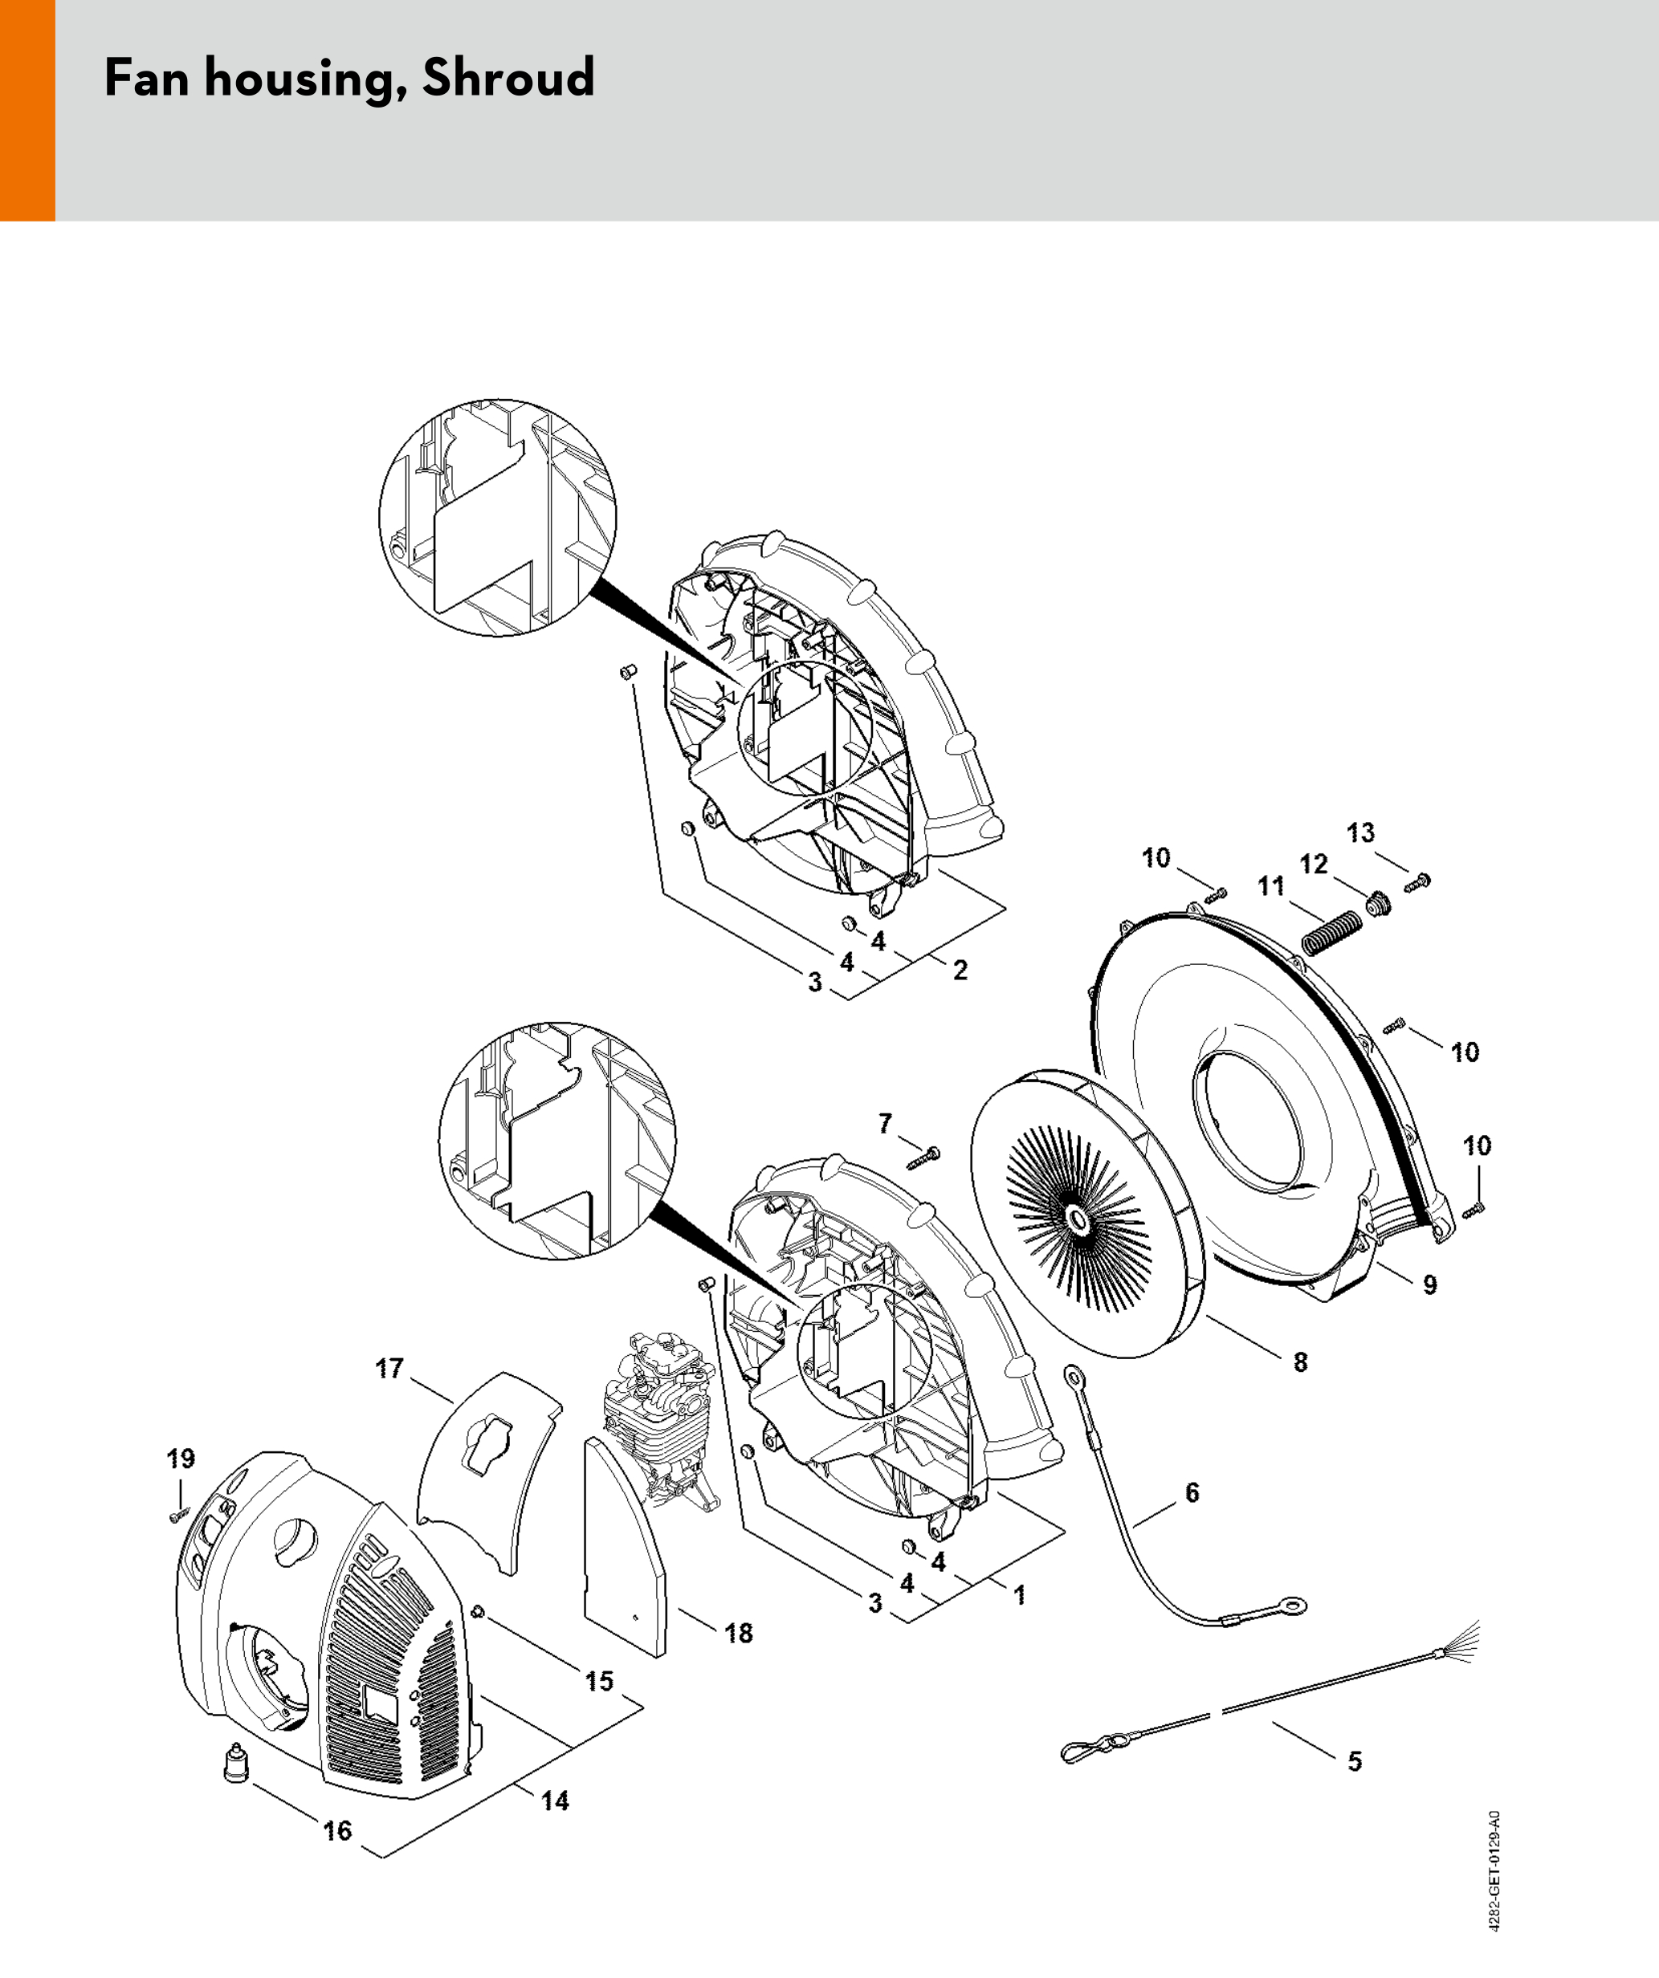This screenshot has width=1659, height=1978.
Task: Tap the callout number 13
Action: coord(1360,832)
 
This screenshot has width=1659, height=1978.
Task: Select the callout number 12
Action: coord(1313,864)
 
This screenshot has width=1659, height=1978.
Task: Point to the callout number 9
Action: coord(1430,1284)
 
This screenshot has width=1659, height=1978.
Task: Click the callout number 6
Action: coord(1192,1492)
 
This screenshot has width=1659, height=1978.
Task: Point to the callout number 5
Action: coord(1355,1761)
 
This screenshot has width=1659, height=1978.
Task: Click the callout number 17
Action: coord(389,1368)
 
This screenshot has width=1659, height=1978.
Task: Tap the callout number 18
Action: coord(739,1634)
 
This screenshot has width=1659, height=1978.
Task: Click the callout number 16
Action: coord(337,1830)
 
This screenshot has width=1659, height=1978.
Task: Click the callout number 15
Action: coord(599,1681)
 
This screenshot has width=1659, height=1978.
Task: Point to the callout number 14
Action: coord(555,1801)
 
